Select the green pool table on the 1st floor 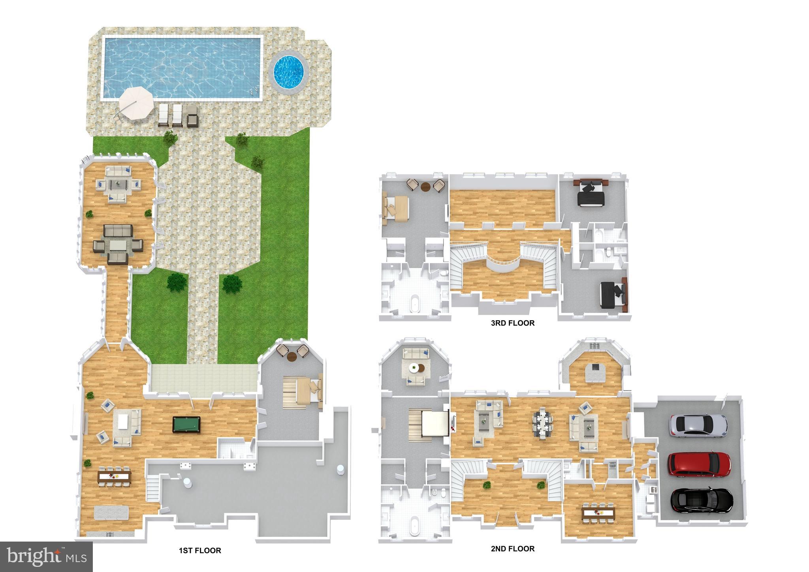[186, 424]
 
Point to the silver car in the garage [698, 426]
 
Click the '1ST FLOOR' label [200, 550]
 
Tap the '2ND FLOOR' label [513, 548]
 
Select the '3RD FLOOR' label [513, 323]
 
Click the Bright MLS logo [46, 556]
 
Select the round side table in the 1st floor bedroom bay [292, 357]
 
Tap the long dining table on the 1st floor [115, 476]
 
